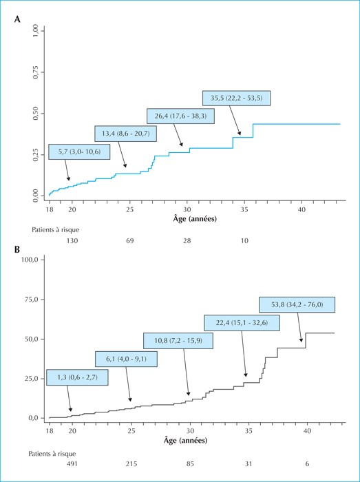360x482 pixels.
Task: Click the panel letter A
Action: tap(17, 20)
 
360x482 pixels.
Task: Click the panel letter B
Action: tap(17, 249)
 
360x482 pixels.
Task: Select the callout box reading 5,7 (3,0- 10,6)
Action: tap(79, 151)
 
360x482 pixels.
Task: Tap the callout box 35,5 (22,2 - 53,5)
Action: tap(237, 98)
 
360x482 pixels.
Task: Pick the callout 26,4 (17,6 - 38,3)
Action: tap(180, 116)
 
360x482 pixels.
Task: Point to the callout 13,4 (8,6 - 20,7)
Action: tap(126, 134)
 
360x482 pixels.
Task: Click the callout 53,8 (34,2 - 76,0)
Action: tap(297, 304)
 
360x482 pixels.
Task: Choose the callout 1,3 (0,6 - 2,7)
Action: tap(77, 377)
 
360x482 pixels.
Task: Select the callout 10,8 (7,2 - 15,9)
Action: tap(178, 341)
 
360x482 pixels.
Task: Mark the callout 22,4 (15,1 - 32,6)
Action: tap(242, 323)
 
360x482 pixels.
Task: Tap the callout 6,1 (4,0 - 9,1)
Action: tap(126, 359)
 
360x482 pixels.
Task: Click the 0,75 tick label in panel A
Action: tap(36, 72)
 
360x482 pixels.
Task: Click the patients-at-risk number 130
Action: tap(72, 241)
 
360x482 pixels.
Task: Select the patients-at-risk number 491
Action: tap(72, 464)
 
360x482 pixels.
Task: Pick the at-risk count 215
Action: tap(131, 464)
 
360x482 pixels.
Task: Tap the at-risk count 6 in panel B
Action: tap(308, 464)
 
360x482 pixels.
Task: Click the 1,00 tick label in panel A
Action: tap(36, 31)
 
